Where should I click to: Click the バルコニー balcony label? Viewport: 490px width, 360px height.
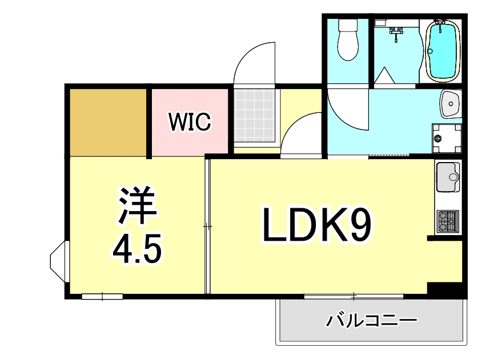pos(371,321)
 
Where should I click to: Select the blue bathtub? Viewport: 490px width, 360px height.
pos(444,51)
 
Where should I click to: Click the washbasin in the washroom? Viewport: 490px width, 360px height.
pos(451,104)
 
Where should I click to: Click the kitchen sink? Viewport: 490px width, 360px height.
pos(448,177)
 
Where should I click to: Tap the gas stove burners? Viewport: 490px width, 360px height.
pos(448,221)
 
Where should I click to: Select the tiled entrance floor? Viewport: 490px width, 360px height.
pos(256,117)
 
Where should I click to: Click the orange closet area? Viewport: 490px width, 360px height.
pos(109,122)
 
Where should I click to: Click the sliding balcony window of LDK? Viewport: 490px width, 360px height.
pos(354,296)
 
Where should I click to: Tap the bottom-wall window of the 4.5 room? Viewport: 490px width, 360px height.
pos(102,296)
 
